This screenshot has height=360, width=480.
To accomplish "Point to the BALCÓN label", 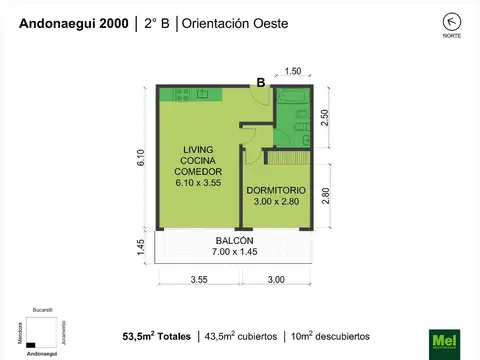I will tap(234, 240).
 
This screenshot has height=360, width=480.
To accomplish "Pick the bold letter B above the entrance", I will tap(260, 83).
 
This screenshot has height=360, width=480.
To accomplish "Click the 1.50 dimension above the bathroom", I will tap(293, 71).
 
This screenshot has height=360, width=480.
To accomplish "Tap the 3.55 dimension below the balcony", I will tap(198, 279).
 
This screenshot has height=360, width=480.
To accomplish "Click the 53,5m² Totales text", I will tap(156, 336).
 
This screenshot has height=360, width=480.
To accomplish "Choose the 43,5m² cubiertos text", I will tap(240, 336).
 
